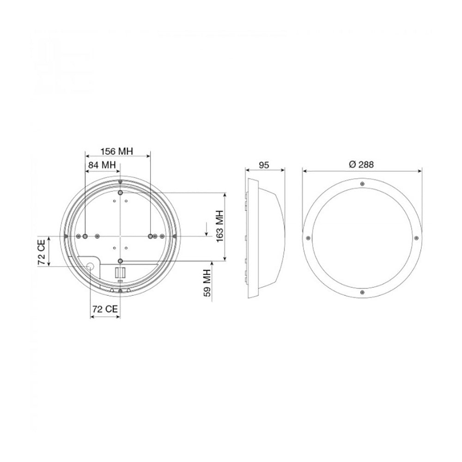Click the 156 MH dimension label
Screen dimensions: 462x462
coord(117,151)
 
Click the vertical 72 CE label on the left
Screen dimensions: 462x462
coord(42,252)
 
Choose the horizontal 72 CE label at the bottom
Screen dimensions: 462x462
coord(104,310)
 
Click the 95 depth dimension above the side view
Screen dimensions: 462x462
coord(264,165)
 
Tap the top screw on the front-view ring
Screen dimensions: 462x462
coord(362,184)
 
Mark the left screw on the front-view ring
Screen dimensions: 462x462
coord(308,237)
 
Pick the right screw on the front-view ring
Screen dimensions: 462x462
coord(416,237)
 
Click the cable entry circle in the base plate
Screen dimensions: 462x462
coord(90,266)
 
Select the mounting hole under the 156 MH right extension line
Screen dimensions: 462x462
coord(150,236)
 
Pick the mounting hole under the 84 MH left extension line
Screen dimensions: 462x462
coord(85,236)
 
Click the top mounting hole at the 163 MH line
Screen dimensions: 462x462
coord(120,192)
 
